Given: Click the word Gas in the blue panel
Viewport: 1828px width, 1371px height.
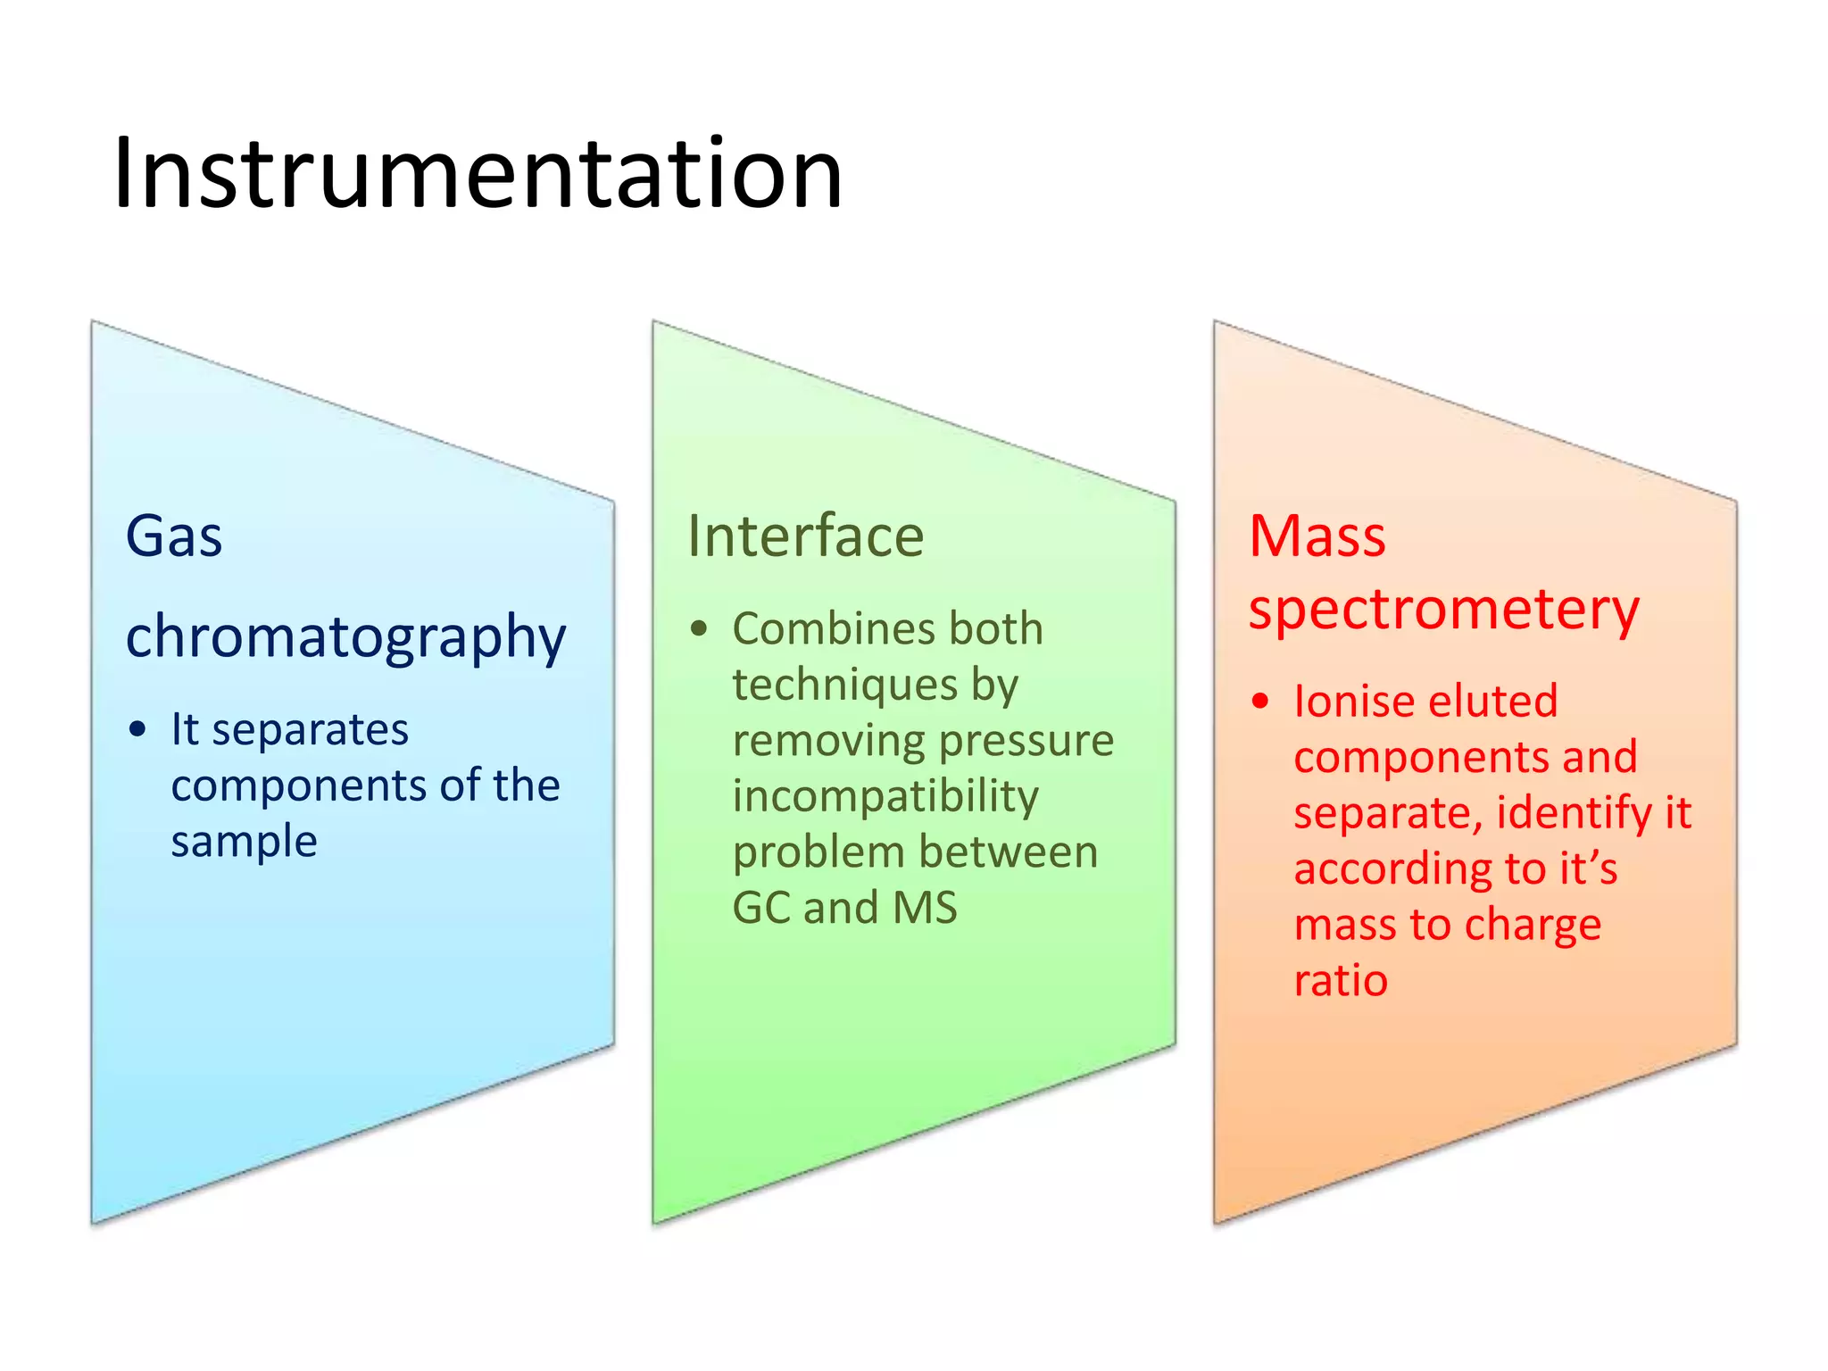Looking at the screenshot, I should tap(174, 536).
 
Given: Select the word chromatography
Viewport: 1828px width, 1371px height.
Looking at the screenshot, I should tap(345, 637).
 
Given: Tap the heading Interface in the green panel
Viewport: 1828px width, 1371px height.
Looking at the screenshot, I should tap(805, 536).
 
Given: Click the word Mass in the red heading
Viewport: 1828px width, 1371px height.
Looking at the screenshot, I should tap(1317, 536).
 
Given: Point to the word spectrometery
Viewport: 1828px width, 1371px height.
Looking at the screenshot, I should tap(1443, 611).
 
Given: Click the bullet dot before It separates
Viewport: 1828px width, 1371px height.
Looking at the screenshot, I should tap(137, 730).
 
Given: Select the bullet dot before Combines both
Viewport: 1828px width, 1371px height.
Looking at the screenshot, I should tap(699, 629).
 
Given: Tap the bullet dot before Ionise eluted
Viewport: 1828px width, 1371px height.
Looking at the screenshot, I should tap(1259, 702).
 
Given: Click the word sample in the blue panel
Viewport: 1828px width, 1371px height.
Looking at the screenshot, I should tap(244, 842).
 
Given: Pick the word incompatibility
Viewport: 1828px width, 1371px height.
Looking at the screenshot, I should tap(885, 796).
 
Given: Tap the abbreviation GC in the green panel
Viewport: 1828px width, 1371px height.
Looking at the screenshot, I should tap(760, 908).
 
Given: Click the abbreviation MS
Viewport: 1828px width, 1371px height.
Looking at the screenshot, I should tap(925, 908).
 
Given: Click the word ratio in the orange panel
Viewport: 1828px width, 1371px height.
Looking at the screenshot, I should tap(1341, 981).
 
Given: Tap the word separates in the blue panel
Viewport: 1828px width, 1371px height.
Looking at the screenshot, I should tap(310, 730).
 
